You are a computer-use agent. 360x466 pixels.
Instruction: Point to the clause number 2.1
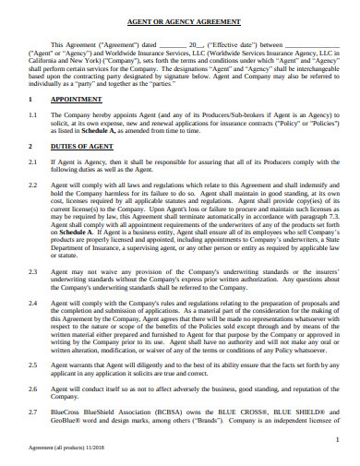(33, 161)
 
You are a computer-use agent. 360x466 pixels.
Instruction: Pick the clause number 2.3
(33, 271)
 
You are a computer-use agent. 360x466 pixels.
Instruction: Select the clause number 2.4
(33, 303)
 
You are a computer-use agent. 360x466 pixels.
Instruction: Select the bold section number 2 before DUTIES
(31, 146)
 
